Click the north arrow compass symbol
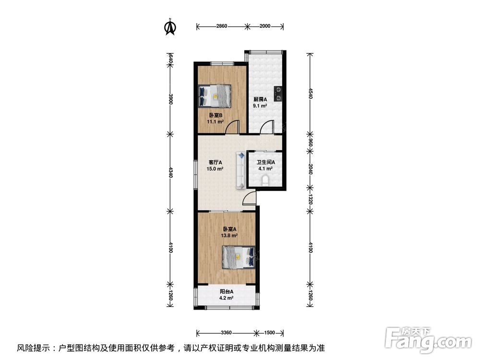pos(169,27)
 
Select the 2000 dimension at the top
pos(264,26)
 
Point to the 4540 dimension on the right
pos(311,92)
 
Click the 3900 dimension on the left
pos(170,100)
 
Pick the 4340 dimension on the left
pos(170,171)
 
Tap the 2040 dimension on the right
pos(311,169)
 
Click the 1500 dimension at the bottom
pos(269,333)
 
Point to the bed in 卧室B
pos(215,96)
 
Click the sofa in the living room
pos(240,170)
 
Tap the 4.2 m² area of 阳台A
pos(227,298)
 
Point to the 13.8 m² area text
pos(229,236)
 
